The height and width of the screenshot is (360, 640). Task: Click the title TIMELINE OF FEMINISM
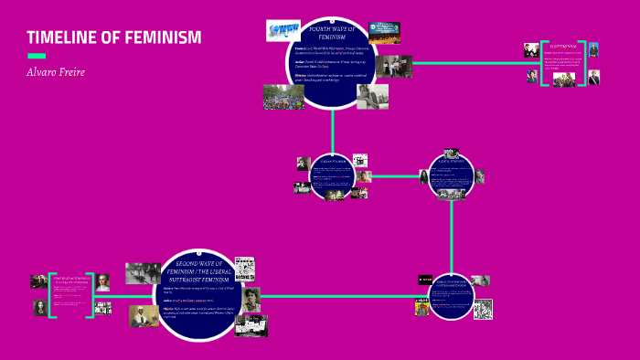click(x=113, y=37)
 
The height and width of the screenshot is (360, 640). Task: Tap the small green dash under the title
click(x=36, y=56)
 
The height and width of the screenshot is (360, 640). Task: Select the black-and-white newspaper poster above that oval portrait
click(x=244, y=269)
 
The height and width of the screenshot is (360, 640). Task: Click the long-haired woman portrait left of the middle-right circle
click(x=423, y=176)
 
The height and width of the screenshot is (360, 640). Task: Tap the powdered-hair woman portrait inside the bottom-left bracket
click(x=103, y=283)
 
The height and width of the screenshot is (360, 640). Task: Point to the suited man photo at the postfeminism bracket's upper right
click(x=593, y=49)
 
